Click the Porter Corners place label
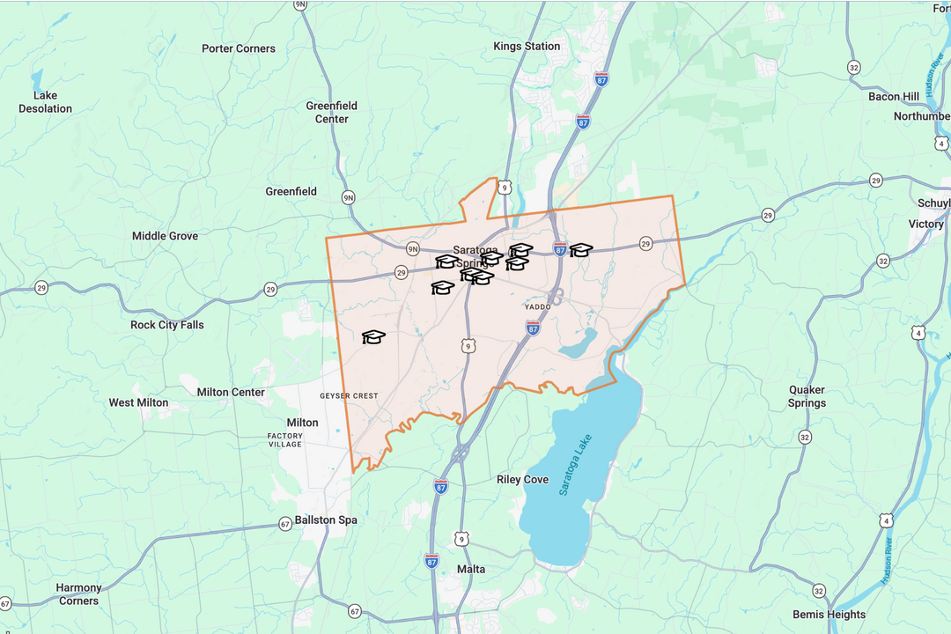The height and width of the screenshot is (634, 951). pyautogui.click(x=238, y=48)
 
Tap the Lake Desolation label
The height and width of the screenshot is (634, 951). pyautogui.click(x=45, y=102)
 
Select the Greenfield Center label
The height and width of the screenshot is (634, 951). pyautogui.click(x=332, y=112)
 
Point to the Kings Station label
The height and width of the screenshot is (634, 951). pyautogui.click(x=527, y=46)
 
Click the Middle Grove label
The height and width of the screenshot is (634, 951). pyautogui.click(x=165, y=236)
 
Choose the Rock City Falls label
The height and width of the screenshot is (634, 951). pyautogui.click(x=166, y=325)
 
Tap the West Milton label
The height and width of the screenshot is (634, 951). pyautogui.click(x=138, y=402)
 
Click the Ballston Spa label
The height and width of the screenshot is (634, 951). pyautogui.click(x=326, y=520)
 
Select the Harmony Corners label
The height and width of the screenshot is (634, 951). pyautogui.click(x=78, y=593)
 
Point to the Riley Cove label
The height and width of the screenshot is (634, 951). pyautogui.click(x=522, y=480)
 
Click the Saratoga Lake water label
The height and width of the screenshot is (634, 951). pyautogui.click(x=576, y=465)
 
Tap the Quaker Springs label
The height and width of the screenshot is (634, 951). pyautogui.click(x=807, y=396)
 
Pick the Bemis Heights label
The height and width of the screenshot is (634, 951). pyautogui.click(x=829, y=614)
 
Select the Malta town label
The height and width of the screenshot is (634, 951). pyautogui.click(x=471, y=569)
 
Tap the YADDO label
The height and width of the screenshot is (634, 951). pyautogui.click(x=537, y=307)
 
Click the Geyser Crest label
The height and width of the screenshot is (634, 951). pyautogui.click(x=349, y=396)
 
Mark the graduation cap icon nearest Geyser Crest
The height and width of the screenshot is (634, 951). pyautogui.click(x=373, y=336)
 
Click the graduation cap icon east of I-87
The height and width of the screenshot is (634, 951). pyautogui.click(x=580, y=250)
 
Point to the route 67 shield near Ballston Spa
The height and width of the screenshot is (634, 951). pyautogui.click(x=285, y=523)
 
